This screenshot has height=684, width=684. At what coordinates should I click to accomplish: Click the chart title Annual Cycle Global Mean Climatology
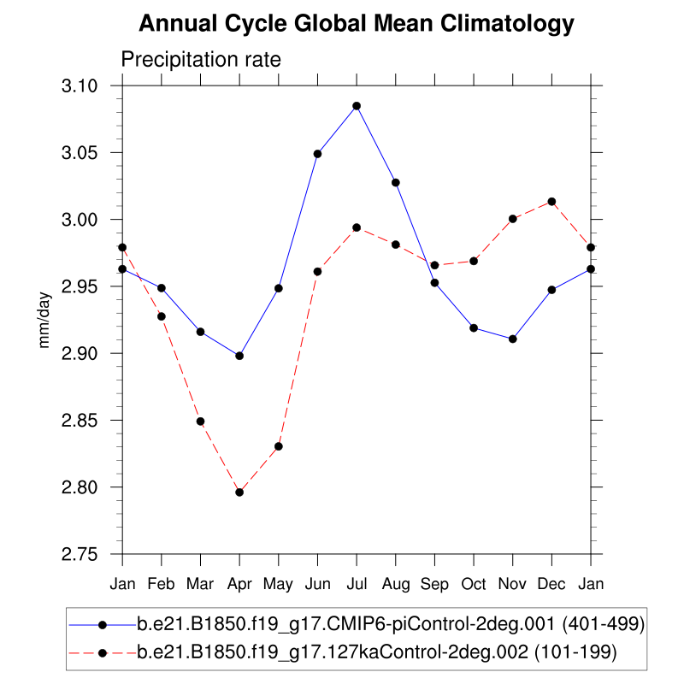click(356, 24)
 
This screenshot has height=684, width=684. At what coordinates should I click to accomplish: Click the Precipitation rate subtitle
click(201, 60)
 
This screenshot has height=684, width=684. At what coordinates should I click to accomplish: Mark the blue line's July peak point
click(357, 106)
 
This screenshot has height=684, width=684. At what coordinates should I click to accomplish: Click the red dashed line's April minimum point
click(239, 492)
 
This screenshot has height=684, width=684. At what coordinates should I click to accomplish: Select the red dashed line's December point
click(551, 202)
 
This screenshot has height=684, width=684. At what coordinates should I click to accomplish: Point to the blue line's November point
click(513, 339)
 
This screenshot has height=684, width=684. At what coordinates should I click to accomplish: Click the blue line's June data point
click(317, 154)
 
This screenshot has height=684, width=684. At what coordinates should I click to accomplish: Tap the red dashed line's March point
click(200, 422)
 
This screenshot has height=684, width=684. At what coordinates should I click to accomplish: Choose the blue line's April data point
click(239, 356)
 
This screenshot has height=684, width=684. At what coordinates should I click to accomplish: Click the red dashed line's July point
click(357, 227)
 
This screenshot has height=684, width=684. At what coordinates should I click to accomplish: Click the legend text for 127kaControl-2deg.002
click(377, 652)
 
